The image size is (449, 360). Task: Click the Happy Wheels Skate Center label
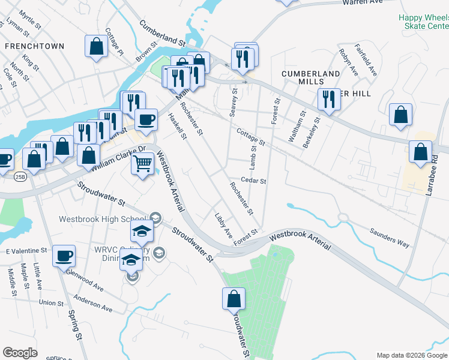(424, 22)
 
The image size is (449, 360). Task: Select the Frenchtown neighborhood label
(26, 46)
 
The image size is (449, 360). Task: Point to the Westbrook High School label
(102, 218)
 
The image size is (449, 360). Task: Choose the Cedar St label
(253, 180)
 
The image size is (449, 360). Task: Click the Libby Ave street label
(223, 224)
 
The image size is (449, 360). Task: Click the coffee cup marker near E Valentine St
(64, 256)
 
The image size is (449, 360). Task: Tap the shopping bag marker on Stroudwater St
(234, 298)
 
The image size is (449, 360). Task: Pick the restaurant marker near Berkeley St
(328, 99)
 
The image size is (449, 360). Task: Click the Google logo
(20, 353)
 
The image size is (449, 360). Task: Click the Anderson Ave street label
(93, 302)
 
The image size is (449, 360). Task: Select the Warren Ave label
(362, 2)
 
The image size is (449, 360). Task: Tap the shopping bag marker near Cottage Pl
(96, 47)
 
